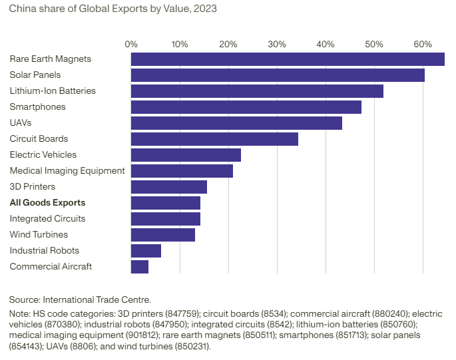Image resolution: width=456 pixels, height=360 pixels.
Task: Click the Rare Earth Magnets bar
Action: pyautogui.click(x=288, y=59)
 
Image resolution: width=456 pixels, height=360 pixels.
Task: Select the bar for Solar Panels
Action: pyautogui.click(x=278, y=75)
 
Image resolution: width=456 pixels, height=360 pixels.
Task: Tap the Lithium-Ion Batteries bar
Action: pyautogui.click(x=257, y=91)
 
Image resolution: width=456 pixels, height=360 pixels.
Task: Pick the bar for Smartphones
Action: pyautogui.click(x=246, y=107)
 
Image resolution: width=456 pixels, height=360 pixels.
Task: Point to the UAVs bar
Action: pyautogui.click(x=236, y=123)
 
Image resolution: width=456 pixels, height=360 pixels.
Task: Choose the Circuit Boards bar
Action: pyautogui.click(x=214, y=139)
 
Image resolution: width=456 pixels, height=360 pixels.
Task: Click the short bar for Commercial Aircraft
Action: pyautogui.click(x=140, y=267)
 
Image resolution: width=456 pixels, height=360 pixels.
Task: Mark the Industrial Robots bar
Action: pyautogui.click(x=146, y=251)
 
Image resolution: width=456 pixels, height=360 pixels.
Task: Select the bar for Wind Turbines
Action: pyautogui.click(x=163, y=235)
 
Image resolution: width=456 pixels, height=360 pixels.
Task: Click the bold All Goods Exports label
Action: pyautogui.click(x=47, y=203)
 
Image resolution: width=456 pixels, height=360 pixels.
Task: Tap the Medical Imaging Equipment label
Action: pyautogui.click(x=67, y=171)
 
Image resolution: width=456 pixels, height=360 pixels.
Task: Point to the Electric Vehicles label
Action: pyautogui.click(x=43, y=155)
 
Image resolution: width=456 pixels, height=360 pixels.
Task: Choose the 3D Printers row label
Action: pyautogui.click(x=33, y=187)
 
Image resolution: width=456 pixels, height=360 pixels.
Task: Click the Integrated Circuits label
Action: pyautogui.click(x=47, y=219)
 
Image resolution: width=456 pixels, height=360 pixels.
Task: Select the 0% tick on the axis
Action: pyautogui.click(x=131, y=45)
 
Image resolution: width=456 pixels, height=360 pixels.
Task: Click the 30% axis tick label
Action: pyautogui.click(x=277, y=45)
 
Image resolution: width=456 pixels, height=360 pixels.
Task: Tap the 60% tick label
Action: pyautogui.click(x=423, y=45)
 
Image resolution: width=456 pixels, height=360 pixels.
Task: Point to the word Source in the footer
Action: pyautogui.click(x=24, y=300)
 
